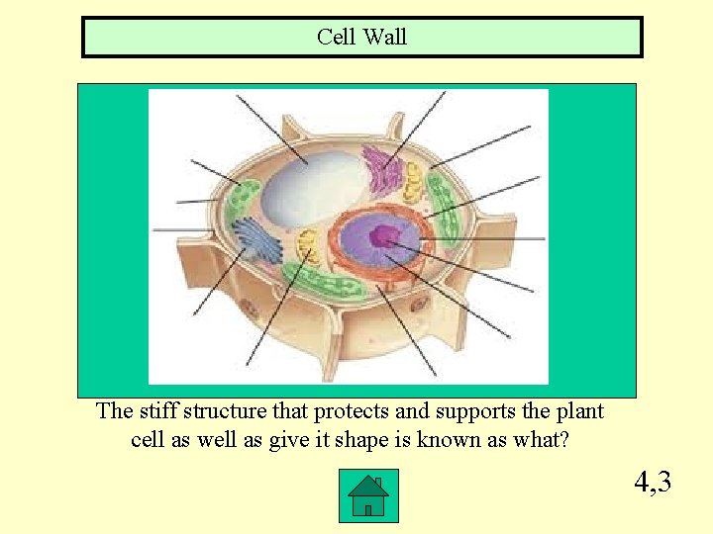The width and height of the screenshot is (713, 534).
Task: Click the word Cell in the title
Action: [338, 38]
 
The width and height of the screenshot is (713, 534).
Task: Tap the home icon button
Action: [367, 495]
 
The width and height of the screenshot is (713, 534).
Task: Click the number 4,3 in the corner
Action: [653, 483]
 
